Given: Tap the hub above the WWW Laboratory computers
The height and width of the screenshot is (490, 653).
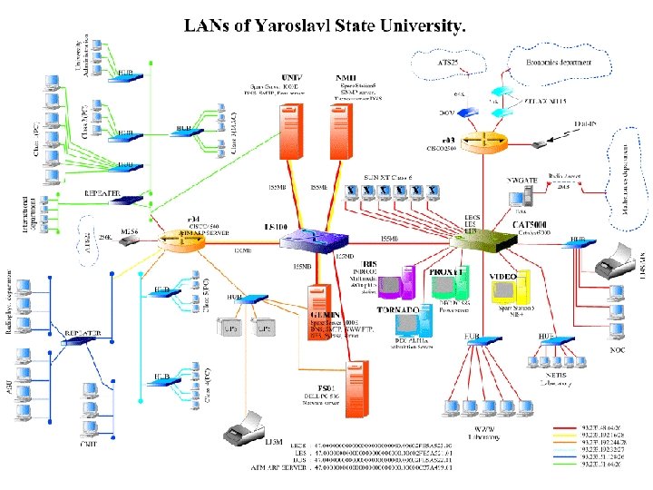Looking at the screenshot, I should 482,340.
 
